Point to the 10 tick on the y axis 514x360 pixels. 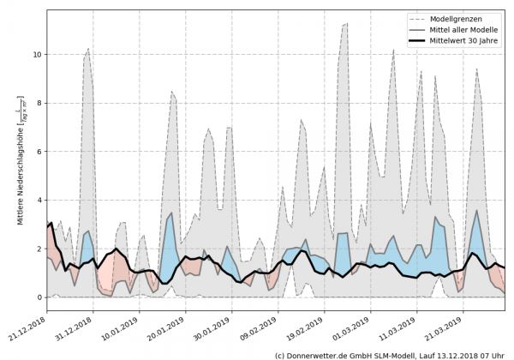click(x=36, y=54)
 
